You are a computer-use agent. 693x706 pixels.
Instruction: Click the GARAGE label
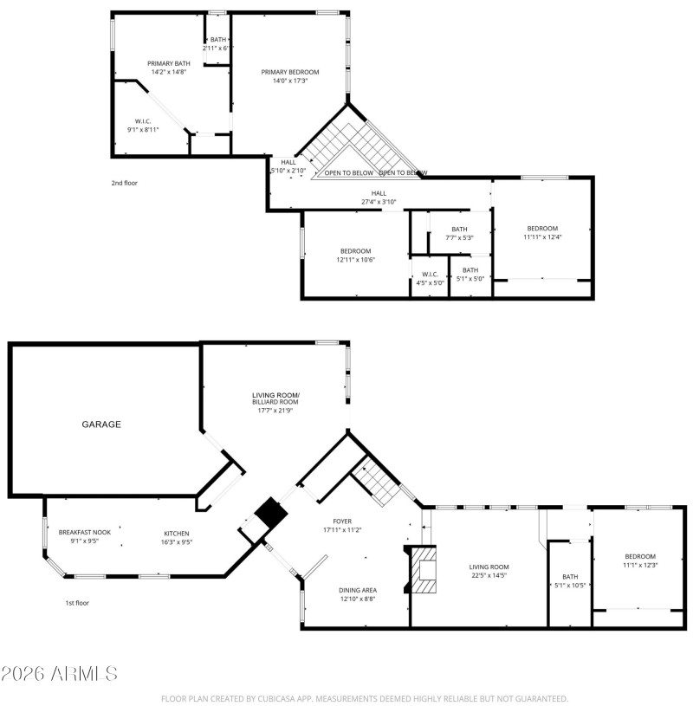pos(101,424)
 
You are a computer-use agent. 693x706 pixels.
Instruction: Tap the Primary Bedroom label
pos(290,72)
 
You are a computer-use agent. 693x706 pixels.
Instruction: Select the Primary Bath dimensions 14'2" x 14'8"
pos(169,72)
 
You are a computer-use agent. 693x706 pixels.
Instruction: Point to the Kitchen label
pos(177,533)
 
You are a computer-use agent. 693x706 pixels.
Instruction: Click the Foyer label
pos(342,521)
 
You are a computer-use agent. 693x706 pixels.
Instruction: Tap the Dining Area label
pos(359,590)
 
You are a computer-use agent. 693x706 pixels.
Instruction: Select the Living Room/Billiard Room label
pos(275,398)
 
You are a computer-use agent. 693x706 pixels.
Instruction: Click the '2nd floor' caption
pos(124,183)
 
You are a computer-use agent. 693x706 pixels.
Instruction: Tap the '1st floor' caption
pos(77,602)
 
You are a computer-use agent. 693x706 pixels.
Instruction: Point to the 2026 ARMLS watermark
pos(59,673)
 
